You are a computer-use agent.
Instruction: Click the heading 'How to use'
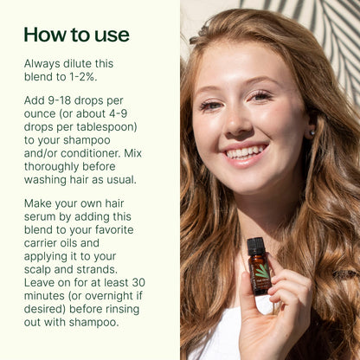tap(76, 35)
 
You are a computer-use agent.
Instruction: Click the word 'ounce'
tap(45, 115)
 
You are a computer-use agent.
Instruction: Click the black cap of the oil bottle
tap(254, 246)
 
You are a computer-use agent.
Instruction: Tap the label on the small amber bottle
tap(260, 275)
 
